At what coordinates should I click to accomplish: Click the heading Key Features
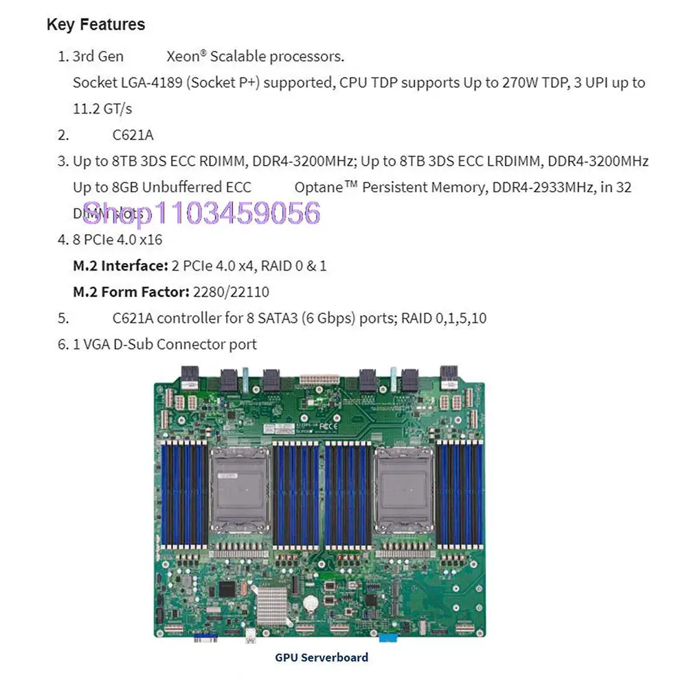pos(95,25)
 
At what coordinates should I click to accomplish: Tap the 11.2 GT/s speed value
pos(102,109)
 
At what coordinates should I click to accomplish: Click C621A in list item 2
pos(133,135)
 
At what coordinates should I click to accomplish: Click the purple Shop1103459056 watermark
pos(201,213)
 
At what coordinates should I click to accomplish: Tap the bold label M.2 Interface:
pos(120,265)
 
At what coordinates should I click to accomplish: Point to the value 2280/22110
pos(232,292)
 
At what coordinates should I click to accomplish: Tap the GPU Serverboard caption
pos(322,657)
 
